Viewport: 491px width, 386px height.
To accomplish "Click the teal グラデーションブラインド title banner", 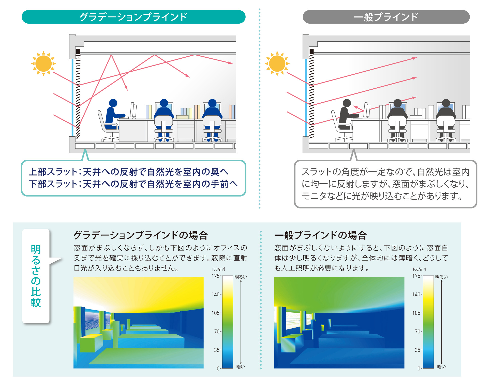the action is [133, 17].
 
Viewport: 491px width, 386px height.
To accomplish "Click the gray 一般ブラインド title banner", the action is [386, 17].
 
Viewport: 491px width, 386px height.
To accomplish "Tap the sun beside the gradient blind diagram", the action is [43, 63].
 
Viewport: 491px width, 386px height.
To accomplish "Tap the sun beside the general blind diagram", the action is [277, 63].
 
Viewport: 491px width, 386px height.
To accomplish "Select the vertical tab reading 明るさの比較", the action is [36, 276].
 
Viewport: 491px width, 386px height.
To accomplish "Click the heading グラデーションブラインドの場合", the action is [141, 235].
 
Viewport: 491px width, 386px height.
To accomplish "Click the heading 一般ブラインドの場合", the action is [321, 235].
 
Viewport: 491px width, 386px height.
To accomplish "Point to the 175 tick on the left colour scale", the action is [216, 276].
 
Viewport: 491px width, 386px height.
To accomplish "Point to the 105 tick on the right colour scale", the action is [417, 313].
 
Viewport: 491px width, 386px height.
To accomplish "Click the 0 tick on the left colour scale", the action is [219, 368].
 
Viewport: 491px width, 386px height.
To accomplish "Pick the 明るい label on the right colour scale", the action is [441, 277].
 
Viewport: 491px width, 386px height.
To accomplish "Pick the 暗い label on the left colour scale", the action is [241, 367].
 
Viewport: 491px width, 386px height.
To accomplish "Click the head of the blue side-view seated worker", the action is [113, 103].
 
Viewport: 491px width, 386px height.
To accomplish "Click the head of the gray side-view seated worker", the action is [347, 103].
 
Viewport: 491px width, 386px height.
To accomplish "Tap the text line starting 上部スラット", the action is [129, 172].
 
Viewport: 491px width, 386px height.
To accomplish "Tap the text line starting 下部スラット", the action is [133, 184].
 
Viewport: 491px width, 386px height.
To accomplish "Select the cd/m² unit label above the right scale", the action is [420, 269].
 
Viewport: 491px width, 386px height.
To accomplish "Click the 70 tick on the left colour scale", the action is [218, 331].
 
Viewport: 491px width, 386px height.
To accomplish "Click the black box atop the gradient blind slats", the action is [78, 52].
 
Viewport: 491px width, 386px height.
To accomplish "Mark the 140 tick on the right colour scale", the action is [417, 294].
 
